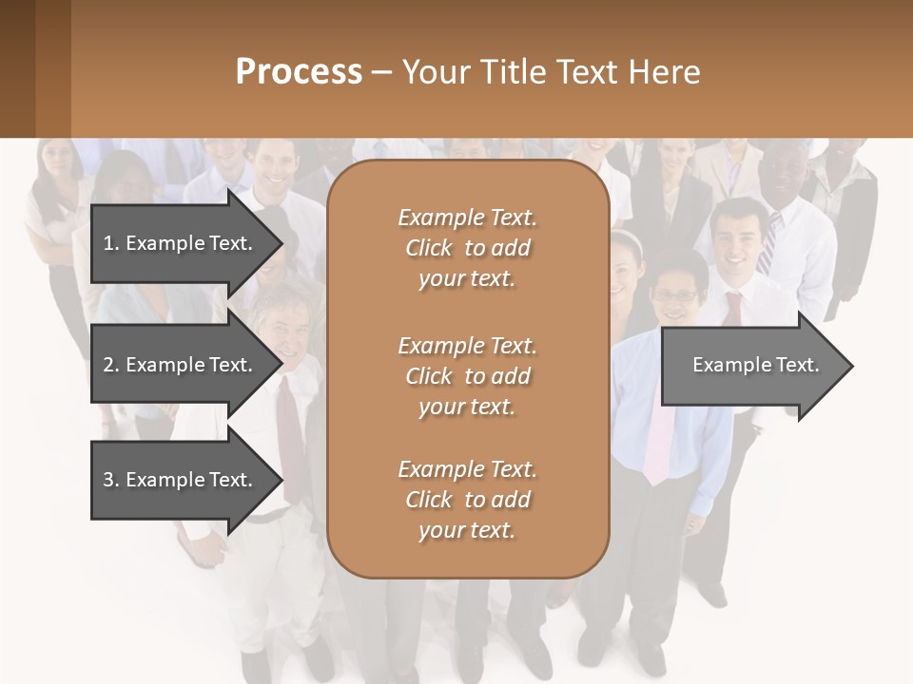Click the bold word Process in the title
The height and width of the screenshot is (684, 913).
point(299,71)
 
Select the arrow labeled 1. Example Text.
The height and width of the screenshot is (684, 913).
point(177,243)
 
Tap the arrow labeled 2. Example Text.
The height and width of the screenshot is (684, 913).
point(177,365)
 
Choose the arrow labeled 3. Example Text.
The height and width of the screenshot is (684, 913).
point(177,480)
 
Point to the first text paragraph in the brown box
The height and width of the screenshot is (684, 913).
point(467,248)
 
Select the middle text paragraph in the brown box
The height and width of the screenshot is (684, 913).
point(467,376)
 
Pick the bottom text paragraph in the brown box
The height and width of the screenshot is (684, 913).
point(467,500)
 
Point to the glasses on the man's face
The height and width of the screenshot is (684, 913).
point(675,296)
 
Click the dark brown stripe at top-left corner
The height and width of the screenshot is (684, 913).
point(35,68)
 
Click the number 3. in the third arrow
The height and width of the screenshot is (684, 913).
point(110,480)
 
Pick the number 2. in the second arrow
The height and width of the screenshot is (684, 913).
point(110,365)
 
